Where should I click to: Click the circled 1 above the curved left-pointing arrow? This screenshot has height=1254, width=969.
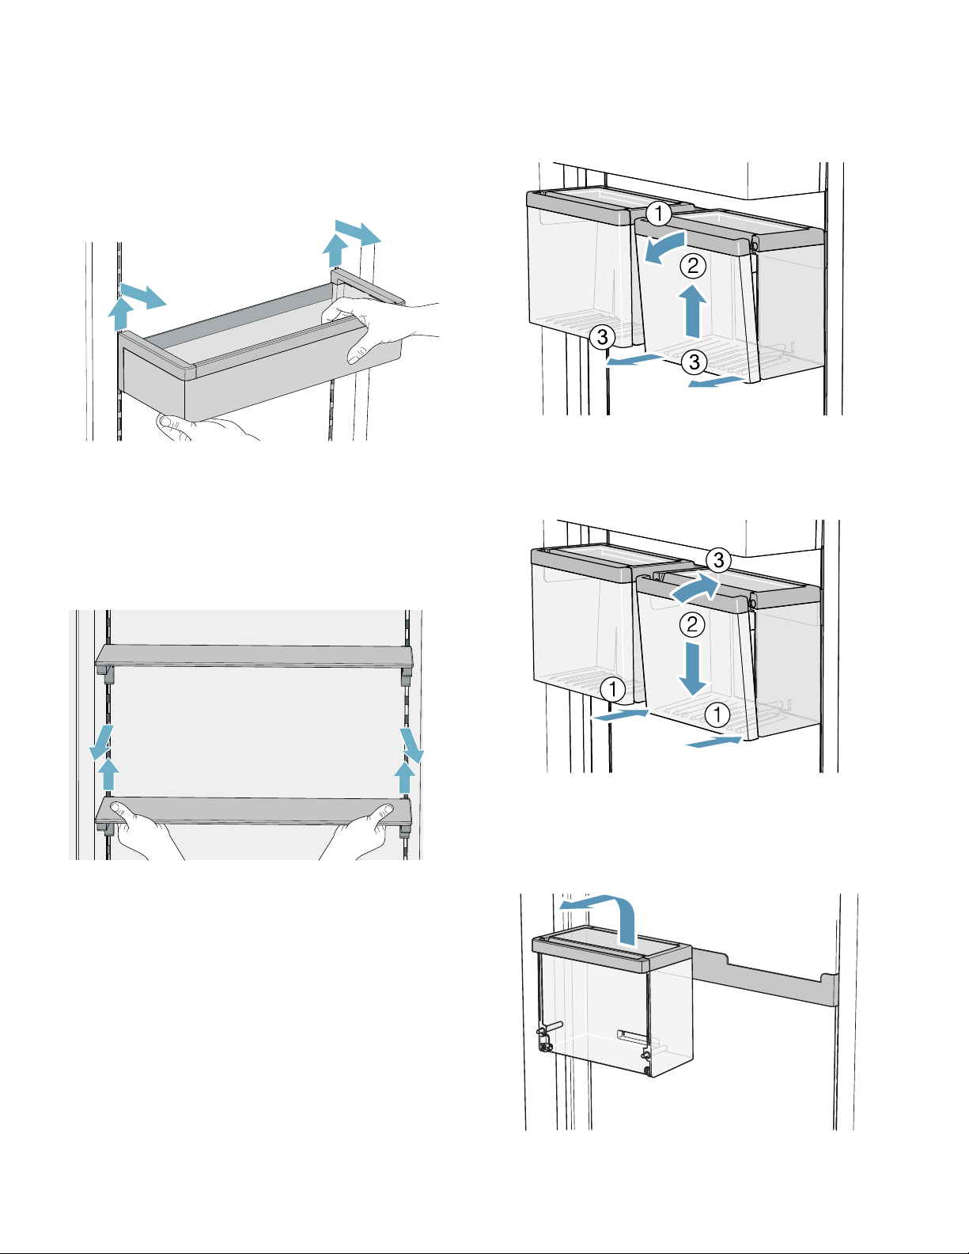658,214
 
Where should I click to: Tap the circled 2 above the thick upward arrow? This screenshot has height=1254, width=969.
693,266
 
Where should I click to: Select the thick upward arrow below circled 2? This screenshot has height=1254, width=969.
693,311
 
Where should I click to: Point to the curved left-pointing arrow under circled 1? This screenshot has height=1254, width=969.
664,247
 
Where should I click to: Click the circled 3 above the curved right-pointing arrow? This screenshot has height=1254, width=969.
718,559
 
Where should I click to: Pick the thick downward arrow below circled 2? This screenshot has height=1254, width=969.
691,669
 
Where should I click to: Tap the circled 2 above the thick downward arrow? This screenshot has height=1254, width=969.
692,624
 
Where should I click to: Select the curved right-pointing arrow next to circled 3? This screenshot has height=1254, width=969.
695,589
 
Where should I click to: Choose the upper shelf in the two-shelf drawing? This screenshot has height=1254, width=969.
255,656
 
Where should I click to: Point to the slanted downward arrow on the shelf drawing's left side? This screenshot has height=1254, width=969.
101,743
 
